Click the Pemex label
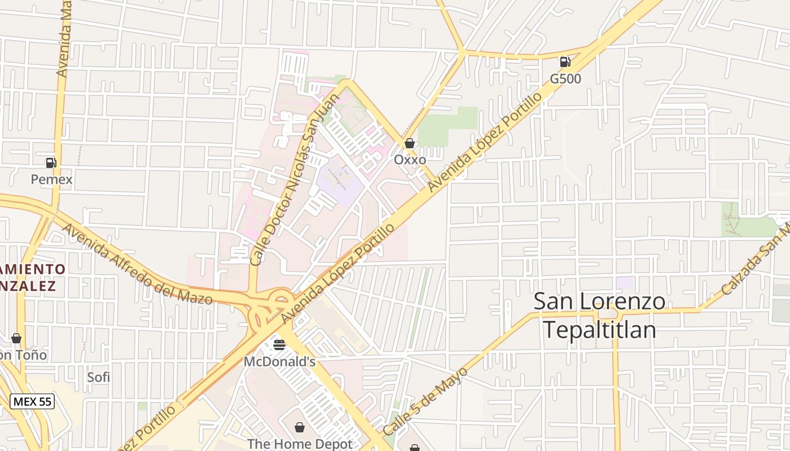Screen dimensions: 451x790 coord(51,179)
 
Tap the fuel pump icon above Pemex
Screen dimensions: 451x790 coord(51,163)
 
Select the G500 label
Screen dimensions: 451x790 coord(565,79)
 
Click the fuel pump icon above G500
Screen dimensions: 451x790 coord(565,61)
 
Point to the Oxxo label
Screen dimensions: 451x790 coord(410,160)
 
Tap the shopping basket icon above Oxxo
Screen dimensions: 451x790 coord(410,143)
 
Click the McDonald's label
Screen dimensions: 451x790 coord(279,361)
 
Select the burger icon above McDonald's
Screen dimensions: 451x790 coord(279,344)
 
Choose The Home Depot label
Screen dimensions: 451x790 coord(300,444)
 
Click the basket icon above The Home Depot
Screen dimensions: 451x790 coord(300,427)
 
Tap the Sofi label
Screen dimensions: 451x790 coord(98,377)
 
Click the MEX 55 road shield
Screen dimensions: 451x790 coord(32,401)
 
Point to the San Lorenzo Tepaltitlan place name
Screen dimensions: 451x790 coord(599,315)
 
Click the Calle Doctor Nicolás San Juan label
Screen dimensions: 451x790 coord(296,179)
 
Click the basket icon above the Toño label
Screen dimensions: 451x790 coord(16,338)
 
